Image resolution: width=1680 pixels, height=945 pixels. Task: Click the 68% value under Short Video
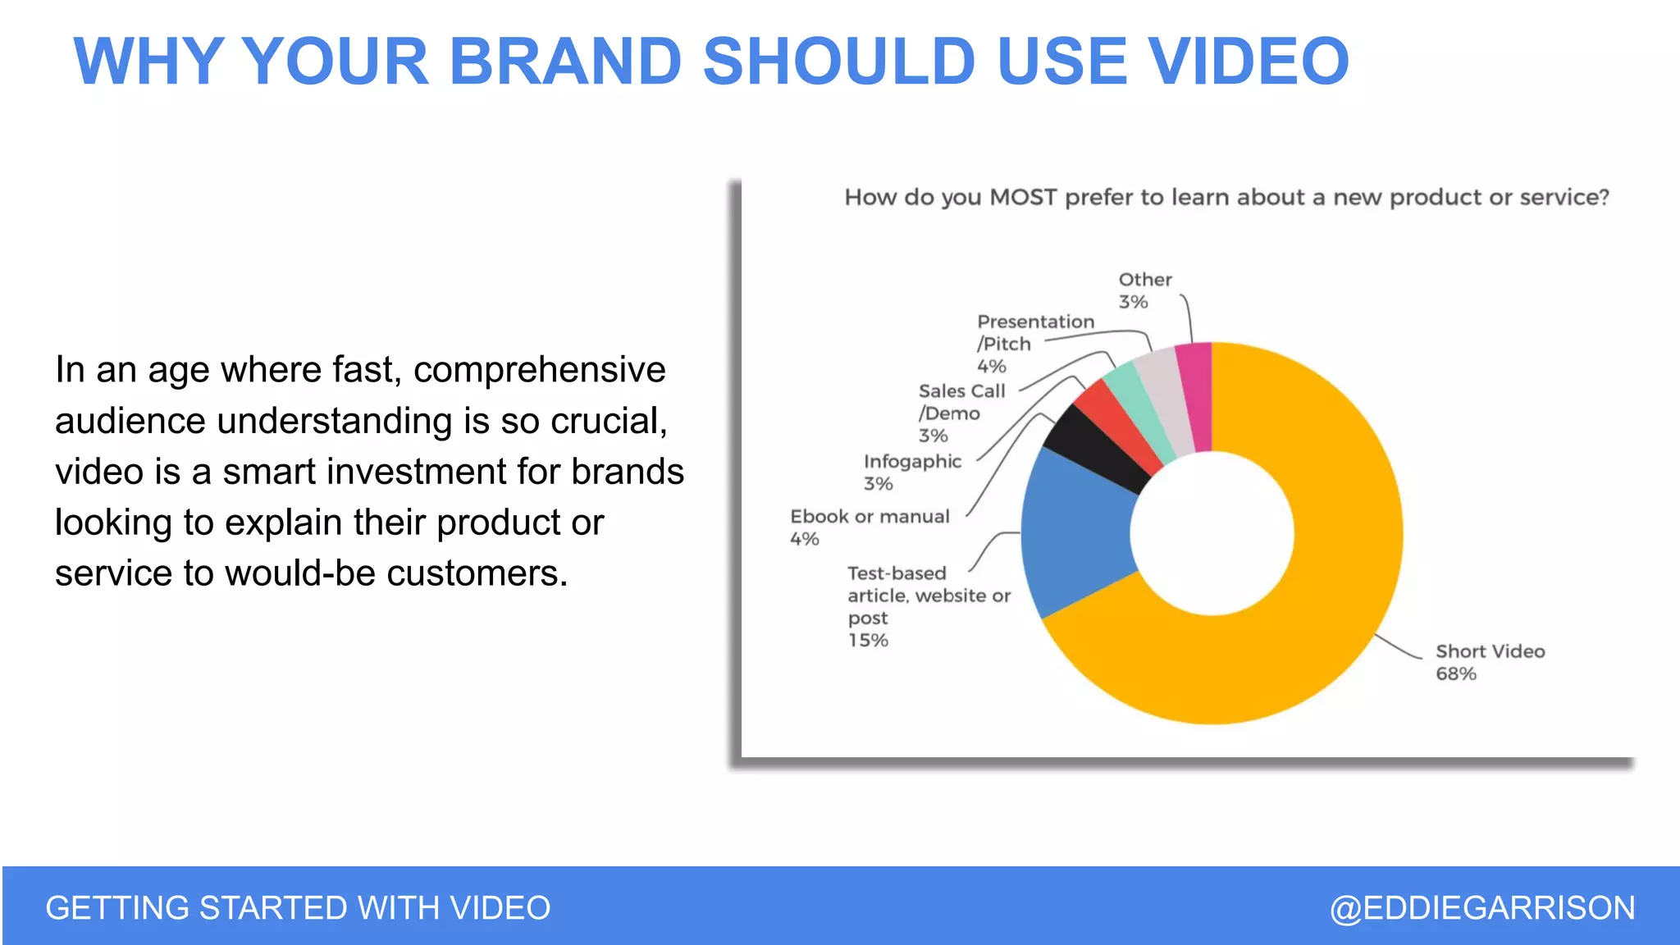1455,674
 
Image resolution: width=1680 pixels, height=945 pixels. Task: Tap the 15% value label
868,641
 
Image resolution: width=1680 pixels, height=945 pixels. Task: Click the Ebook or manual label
870,517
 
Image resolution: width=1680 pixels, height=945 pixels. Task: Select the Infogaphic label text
912,462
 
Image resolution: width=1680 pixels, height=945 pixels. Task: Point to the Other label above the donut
1145,280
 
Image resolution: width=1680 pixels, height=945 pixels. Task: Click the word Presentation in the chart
1035,322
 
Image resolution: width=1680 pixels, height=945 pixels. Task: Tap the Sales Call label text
961,391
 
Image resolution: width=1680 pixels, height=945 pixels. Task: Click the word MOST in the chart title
1023,198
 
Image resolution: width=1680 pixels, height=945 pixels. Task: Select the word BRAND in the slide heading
565,62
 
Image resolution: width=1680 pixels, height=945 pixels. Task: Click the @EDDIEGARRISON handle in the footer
1482,908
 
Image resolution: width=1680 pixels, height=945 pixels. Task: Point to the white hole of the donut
1212,533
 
